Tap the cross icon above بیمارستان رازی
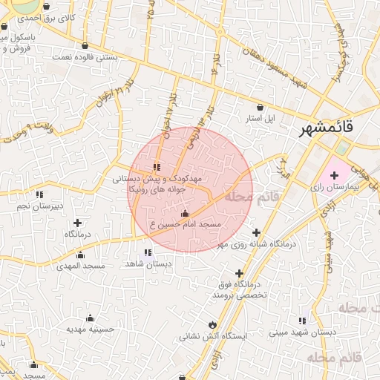coord(334,176)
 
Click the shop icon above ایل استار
coord(259,106)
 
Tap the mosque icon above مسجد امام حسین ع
coord(185,214)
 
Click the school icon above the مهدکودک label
coord(156,167)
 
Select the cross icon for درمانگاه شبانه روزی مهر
coord(256,232)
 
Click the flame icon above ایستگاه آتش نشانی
coord(214,324)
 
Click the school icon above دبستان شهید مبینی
coord(301,321)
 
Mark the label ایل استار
coord(261,118)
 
